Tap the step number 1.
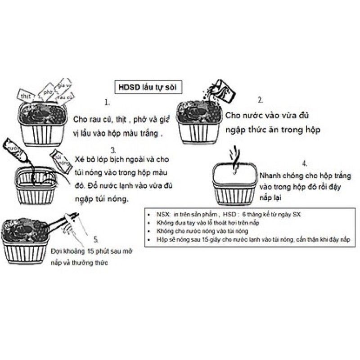[x=107, y=103]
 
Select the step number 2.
[x=260, y=100]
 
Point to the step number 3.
[x=113, y=149]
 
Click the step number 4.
[x=305, y=163]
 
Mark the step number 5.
[x=96, y=239]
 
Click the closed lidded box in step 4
[x=234, y=184]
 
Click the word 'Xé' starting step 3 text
[x=80, y=161]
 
